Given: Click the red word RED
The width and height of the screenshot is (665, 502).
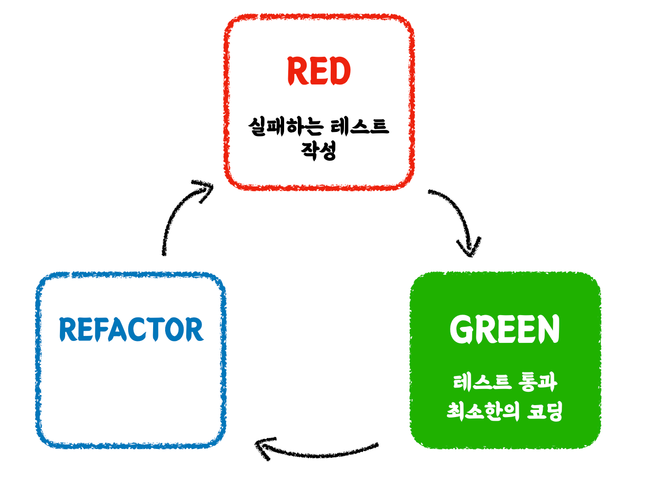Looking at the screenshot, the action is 319,71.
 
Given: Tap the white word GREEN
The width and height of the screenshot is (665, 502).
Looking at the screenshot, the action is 505,329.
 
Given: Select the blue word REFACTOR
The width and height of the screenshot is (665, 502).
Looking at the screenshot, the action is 131,329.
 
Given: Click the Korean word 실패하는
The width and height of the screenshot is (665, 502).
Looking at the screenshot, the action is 286,126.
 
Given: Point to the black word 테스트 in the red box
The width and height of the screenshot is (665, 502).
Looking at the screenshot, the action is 359,126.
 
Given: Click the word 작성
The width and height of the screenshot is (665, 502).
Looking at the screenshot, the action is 318,150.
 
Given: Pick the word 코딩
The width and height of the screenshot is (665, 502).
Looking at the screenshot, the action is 545,411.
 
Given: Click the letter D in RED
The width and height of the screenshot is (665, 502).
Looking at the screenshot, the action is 339,71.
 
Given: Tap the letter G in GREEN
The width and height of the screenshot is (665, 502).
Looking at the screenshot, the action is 461,329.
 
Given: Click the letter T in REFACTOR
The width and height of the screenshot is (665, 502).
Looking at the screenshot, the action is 158,329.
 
